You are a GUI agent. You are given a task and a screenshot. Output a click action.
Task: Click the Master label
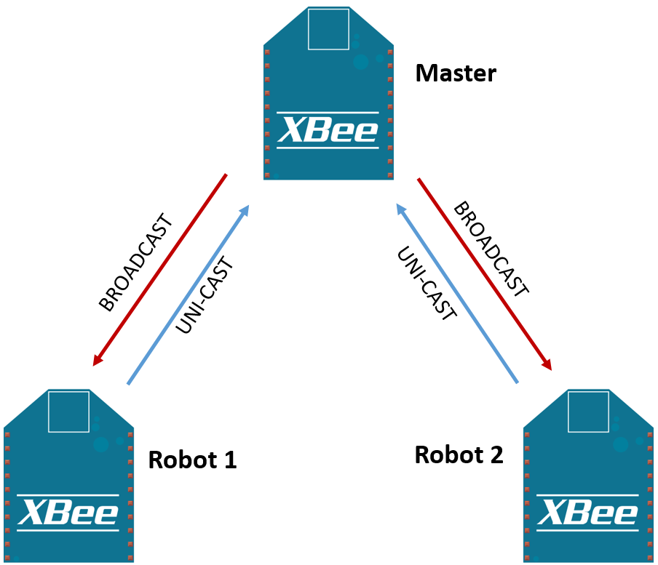click(456, 73)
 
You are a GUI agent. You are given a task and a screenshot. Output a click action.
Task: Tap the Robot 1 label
click(192, 460)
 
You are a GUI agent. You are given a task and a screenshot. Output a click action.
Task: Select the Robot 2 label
click(459, 455)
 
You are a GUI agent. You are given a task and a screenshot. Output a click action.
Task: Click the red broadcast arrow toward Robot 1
click(160, 270)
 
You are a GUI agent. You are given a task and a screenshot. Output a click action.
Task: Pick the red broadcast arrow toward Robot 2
click(484, 273)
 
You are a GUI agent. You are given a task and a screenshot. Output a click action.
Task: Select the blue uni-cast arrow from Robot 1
click(189, 294)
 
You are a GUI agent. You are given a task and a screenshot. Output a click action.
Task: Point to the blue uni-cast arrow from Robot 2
click(456, 294)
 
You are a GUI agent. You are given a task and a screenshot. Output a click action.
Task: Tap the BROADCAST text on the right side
click(490, 249)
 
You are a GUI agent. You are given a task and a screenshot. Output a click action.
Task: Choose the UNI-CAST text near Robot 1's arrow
click(207, 297)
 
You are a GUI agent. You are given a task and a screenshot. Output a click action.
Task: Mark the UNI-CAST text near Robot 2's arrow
click(427, 284)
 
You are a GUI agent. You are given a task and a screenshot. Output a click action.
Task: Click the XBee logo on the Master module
click(329, 130)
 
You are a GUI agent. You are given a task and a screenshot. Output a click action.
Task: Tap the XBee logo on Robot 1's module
click(68, 513)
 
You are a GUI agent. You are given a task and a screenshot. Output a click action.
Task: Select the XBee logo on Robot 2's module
click(588, 513)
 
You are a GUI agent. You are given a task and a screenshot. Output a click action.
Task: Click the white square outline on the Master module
click(329, 30)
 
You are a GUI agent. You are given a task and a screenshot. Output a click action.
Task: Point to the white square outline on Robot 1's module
click(69, 411)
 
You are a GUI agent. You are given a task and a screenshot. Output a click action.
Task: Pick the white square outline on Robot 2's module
click(588, 411)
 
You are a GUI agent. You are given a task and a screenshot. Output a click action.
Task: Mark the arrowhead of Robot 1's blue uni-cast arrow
click(245, 210)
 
